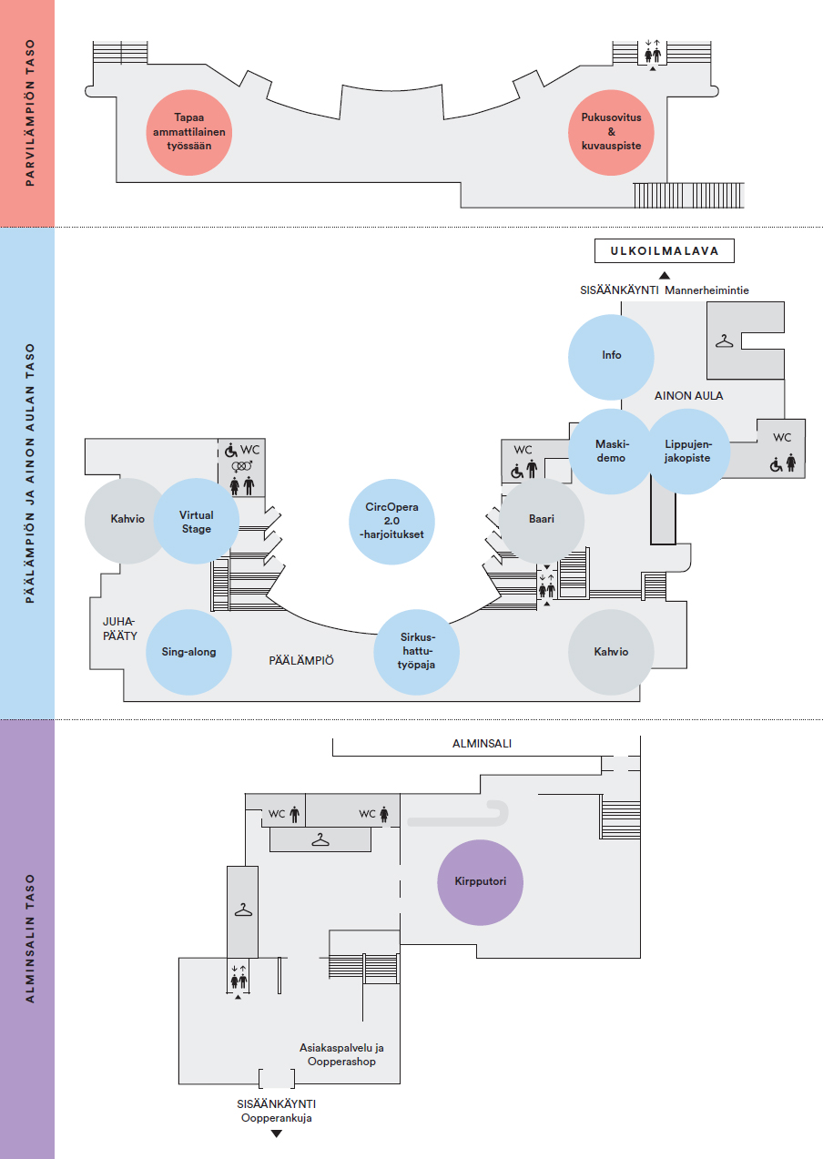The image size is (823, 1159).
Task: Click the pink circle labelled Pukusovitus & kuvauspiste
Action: tap(611, 132)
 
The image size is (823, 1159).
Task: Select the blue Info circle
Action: tap(611, 356)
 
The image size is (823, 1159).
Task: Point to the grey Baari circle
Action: tap(543, 520)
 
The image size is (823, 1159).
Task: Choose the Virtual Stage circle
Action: tap(197, 522)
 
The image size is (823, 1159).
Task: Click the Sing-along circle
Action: tap(188, 652)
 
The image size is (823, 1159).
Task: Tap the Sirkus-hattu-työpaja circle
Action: tap(417, 652)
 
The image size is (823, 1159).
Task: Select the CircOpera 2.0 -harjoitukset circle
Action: tap(391, 520)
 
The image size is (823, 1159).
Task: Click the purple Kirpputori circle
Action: tap(480, 881)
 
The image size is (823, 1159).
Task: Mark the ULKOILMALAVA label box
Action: tap(664, 251)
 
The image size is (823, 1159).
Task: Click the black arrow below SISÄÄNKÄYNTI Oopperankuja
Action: tap(277, 1134)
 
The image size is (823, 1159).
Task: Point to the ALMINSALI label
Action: tap(482, 744)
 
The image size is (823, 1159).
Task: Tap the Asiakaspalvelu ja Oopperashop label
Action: tap(341, 1054)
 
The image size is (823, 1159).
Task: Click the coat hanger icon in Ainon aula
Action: tap(724, 341)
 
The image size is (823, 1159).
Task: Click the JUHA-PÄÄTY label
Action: tap(119, 628)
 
